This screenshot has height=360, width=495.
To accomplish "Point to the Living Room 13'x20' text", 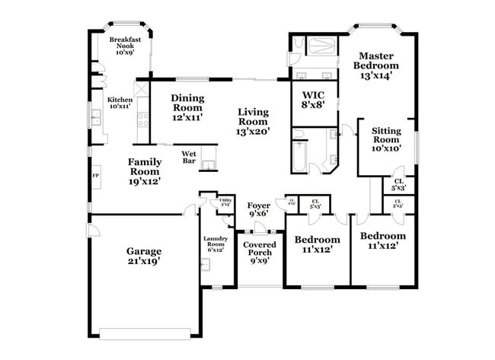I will tap(253, 121).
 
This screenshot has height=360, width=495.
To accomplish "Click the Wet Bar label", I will tap(189, 157).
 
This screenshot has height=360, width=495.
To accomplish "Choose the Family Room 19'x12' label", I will tap(144, 171).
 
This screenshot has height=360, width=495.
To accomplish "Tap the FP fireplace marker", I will tap(96, 177).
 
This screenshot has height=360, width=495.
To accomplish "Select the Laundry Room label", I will tap(215, 244).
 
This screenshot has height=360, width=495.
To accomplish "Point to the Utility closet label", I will tap(225, 202).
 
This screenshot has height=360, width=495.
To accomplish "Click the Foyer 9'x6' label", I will tap(259, 209).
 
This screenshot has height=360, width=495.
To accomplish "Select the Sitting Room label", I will tap(386, 139).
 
